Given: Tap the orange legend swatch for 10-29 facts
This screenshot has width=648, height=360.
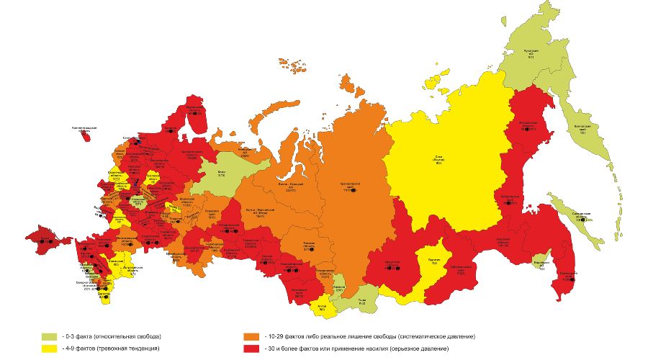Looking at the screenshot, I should pyautogui.click(x=252, y=336).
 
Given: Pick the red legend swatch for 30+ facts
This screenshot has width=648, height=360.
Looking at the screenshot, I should pyautogui.click(x=252, y=348).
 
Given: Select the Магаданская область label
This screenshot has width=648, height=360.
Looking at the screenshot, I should pyautogui.click(x=529, y=127).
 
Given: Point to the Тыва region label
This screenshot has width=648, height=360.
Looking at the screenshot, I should pyautogui.click(x=361, y=302).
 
